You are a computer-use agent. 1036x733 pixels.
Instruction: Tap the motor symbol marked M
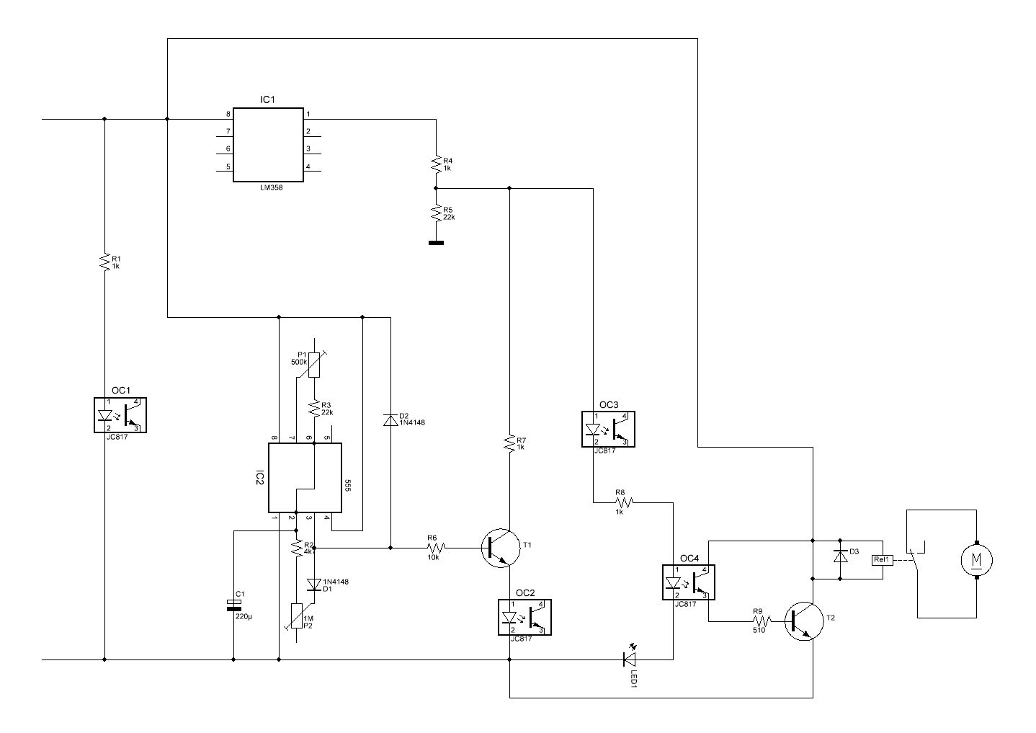976,560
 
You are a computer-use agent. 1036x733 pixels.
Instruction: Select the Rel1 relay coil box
882,560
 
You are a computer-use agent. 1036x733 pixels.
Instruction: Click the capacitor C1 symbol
233,605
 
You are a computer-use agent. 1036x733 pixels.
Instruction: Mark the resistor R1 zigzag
104,262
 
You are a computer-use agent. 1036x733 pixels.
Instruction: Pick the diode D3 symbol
840,556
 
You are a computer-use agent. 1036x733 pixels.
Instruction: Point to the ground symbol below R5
436,242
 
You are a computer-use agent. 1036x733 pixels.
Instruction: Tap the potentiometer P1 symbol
314,365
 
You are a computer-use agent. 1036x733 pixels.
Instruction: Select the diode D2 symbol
390,419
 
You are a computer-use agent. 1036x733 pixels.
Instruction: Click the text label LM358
271,188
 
